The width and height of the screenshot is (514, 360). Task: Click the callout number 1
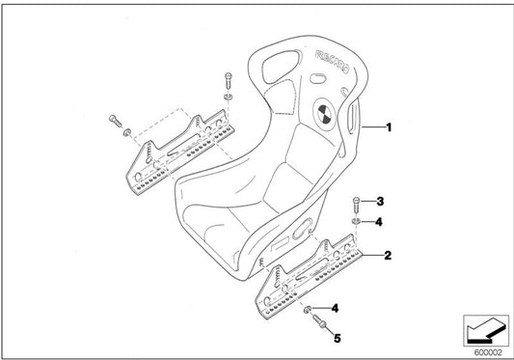pyautogui.click(x=389, y=126)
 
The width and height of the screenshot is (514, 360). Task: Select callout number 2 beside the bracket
pyautogui.click(x=388, y=257)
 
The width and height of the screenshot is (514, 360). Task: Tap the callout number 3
pyautogui.click(x=380, y=202)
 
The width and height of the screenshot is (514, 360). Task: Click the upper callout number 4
pyautogui.click(x=379, y=221)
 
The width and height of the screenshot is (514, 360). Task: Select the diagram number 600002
pyautogui.click(x=488, y=352)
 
